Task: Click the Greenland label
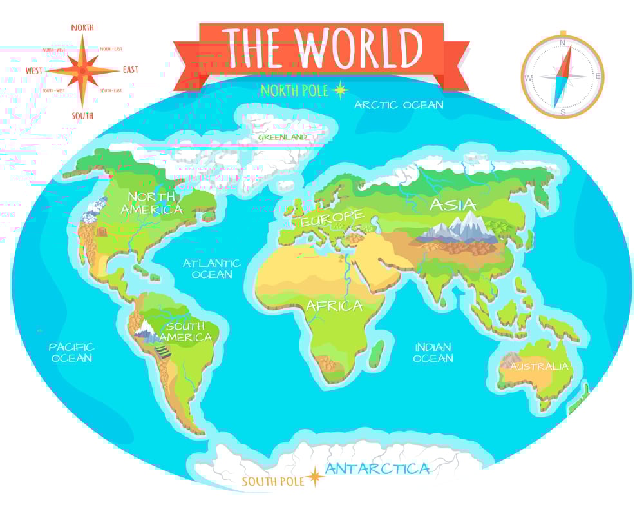tap(282, 137)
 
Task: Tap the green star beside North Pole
tap(339, 90)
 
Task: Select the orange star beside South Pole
tap(315, 477)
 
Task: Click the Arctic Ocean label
tap(399, 104)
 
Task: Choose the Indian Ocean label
tap(433, 352)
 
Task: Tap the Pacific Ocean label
tap(72, 352)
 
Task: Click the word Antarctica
tap(377, 469)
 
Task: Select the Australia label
tap(540, 366)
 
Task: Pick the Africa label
tap(334, 305)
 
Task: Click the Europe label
tap(330, 217)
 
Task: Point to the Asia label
tap(453, 205)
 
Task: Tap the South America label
tap(185, 332)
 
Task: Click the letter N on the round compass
tap(562, 43)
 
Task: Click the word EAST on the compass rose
tap(130, 70)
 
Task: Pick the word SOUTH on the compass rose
tap(82, 115)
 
